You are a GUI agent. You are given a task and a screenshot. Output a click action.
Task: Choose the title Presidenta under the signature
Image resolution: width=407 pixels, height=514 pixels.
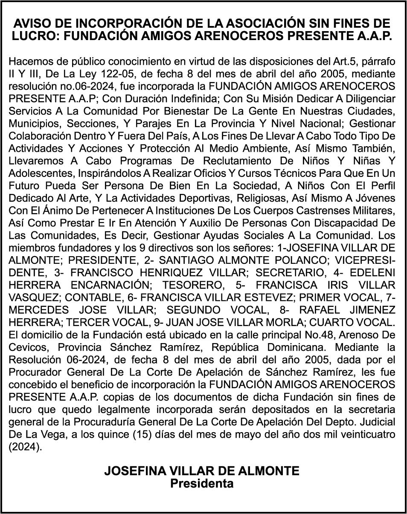202,483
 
